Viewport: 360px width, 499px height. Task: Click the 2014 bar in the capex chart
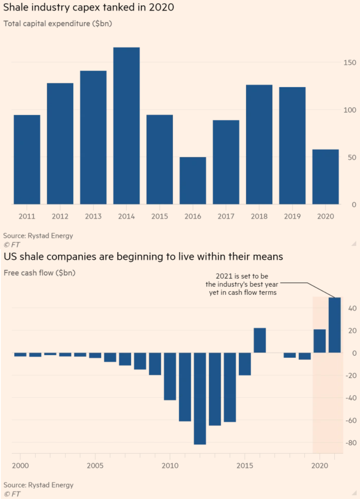pos(126,126)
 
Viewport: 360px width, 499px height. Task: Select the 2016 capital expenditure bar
pos(193,181)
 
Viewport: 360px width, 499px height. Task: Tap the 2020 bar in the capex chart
pos(325,177)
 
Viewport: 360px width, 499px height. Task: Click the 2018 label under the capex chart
pos(259,216)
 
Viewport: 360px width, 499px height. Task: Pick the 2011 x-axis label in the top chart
pos(27,216)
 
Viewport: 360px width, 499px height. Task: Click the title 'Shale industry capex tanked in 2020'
pos(89,8)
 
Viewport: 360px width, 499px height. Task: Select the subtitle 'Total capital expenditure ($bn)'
pos(58,24)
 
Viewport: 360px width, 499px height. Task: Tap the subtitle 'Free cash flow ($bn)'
pos(39,273)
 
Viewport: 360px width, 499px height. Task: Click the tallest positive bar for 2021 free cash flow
pos(335,325)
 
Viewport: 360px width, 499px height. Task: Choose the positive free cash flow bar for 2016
pos(260,340)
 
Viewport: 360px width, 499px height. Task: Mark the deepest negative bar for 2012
pos(200,398)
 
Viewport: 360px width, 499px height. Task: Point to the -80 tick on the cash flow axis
pos(351,443)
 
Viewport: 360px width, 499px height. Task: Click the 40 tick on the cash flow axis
pos(352,309)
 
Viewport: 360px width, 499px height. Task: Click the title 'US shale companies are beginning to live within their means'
pos(143,257)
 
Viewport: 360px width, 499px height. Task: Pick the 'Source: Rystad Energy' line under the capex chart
pos(38,236)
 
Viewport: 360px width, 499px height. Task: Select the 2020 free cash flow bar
pos(320,341)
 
